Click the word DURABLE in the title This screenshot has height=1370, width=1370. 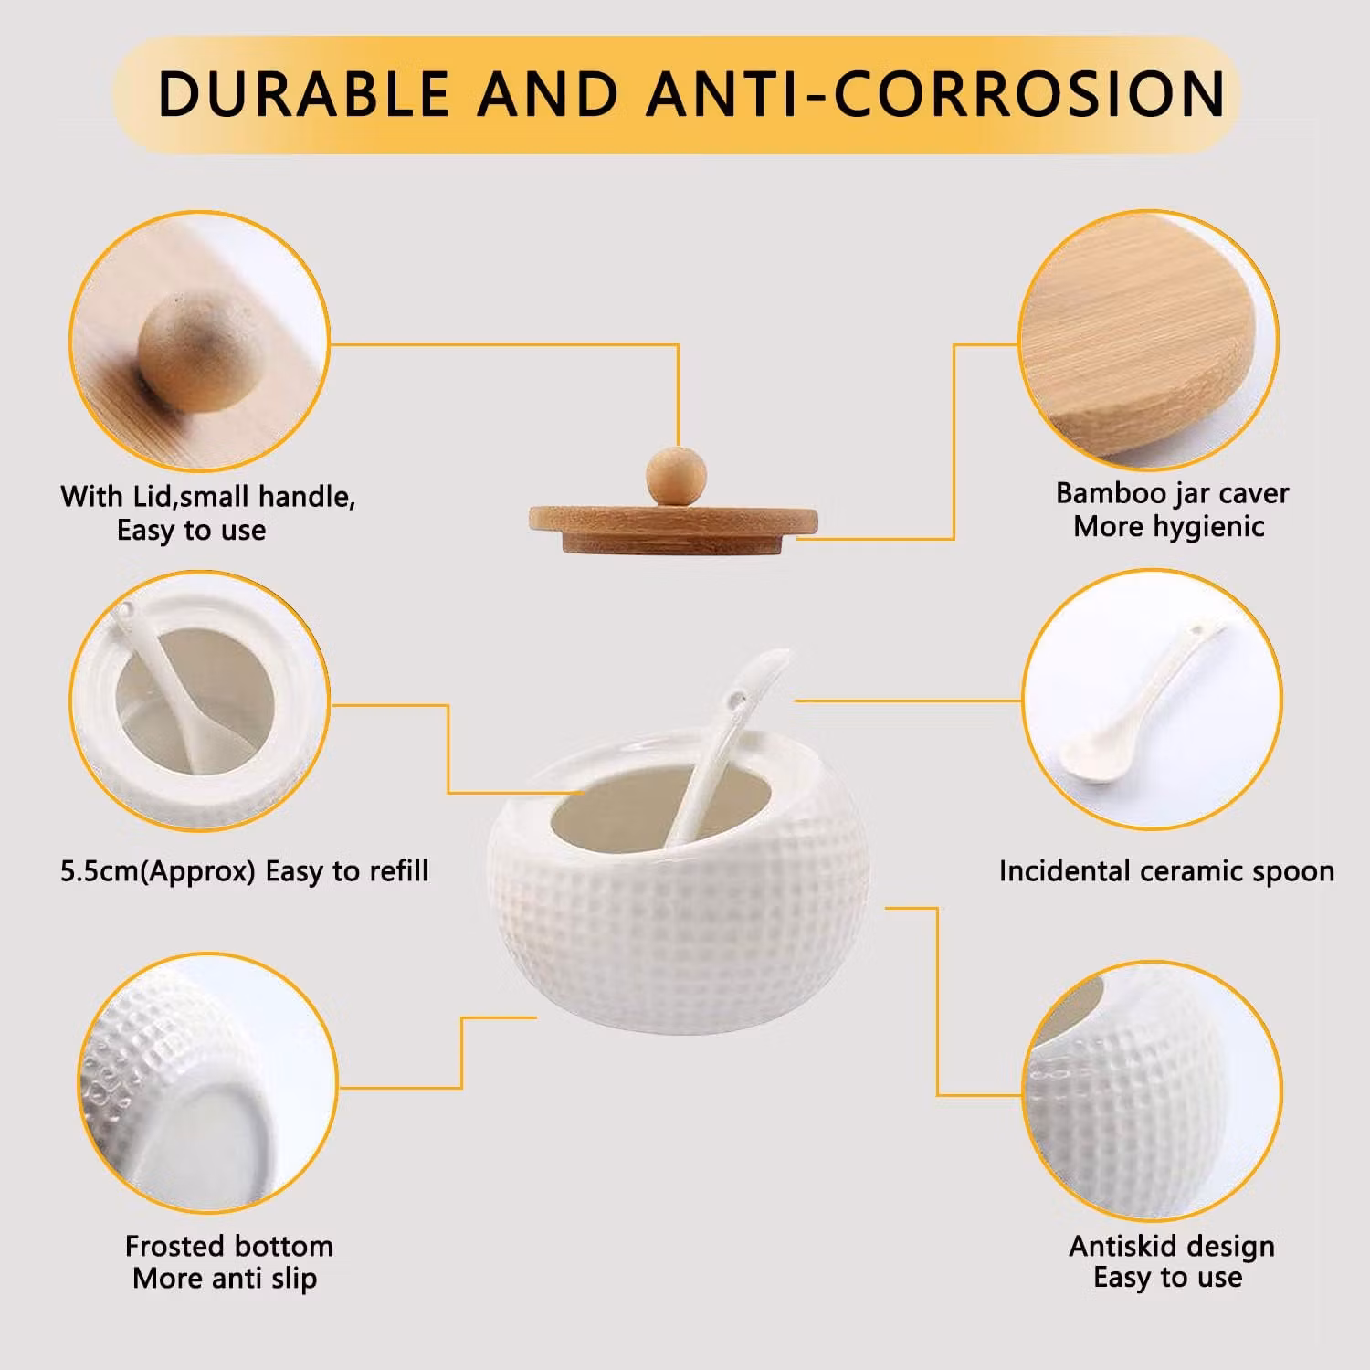(x=304, y=93)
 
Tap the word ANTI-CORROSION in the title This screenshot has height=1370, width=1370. (x=936, y=93)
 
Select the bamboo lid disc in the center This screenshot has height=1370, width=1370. (x=673, y=531)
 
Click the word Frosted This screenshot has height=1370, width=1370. (x=174, y=1246)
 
